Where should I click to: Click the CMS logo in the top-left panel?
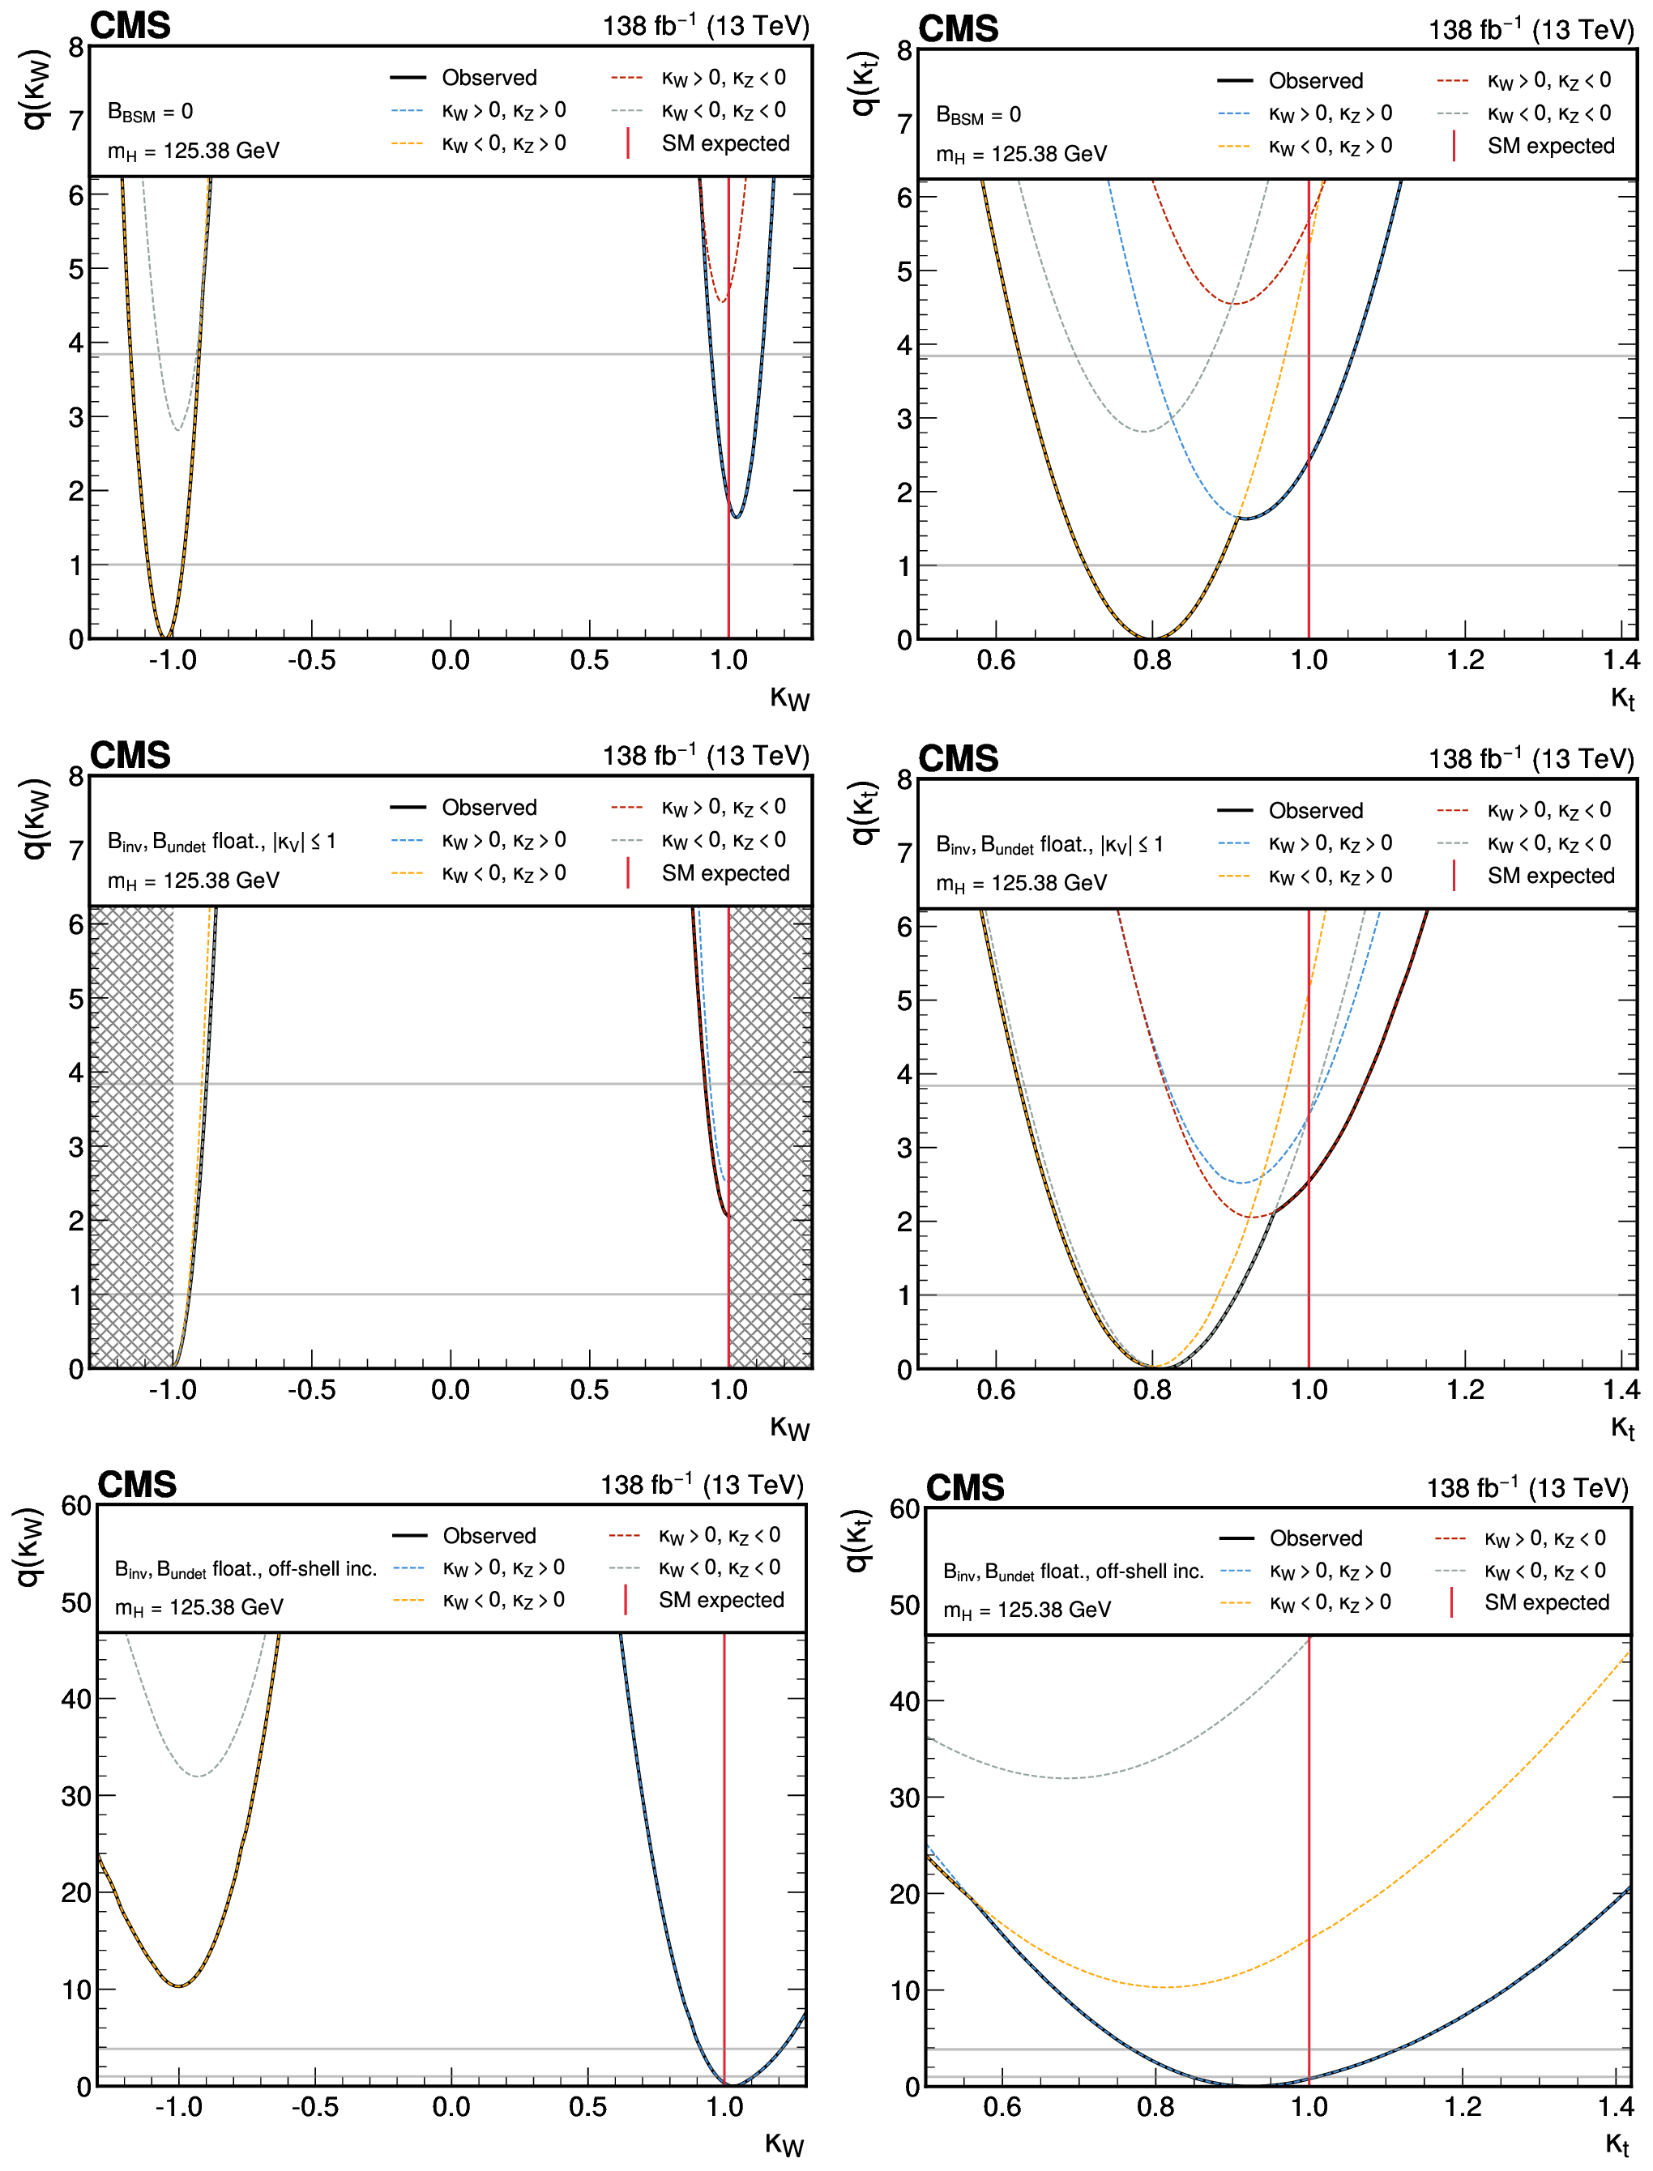(x=130, y=26)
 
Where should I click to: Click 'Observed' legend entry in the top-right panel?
(x=1314, y=81)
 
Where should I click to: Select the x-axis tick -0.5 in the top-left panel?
(x=311, y=660)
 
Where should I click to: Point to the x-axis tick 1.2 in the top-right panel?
(x=1464, y=660)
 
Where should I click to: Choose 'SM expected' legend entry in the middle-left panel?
(x=725, y=873)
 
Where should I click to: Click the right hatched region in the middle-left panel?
(x=771, y=1137)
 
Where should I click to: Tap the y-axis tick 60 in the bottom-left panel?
(x=76, y=1506)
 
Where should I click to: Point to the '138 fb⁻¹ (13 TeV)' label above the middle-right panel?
(x=1531, y=758)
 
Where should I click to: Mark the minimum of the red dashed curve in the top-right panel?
(x=1235, y=303)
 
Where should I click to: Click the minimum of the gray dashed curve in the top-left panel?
(x=177, y=430)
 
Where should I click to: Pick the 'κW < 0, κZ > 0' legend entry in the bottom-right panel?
(x=1329, y=1602)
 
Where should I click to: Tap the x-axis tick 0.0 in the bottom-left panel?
(x=451, y=2107)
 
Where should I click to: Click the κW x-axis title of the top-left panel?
(x=789, y=697)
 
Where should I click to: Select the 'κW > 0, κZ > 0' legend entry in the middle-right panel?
(x=1329, y=843)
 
